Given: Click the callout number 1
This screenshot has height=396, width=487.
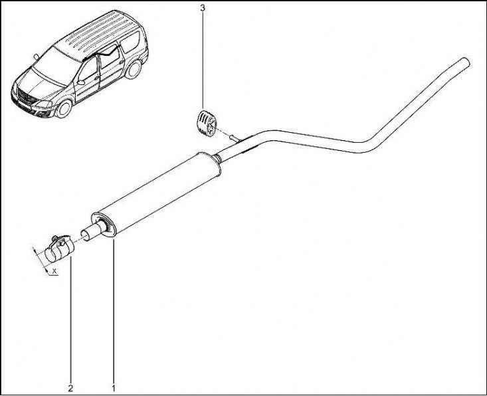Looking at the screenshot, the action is (x=114, y=387).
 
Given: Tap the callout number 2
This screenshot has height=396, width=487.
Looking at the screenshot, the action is (x=70, y=387).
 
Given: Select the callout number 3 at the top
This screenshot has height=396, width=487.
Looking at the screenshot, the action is (x=203, y=8).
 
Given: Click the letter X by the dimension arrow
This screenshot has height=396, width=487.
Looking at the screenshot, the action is (x=54, y=271).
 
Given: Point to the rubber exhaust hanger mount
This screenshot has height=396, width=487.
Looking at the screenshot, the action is (x=206, y=123).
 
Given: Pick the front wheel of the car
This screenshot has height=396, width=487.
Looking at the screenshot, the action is (x=64, y=108).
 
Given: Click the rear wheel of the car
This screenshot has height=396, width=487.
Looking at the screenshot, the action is (x=134, y=70).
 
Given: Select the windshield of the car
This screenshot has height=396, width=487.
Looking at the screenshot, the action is (x=56, y=66).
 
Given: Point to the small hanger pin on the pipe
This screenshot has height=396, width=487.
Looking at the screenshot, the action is (x=234, y=138).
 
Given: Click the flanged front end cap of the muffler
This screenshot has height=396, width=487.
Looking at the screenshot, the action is (x=104, y=225).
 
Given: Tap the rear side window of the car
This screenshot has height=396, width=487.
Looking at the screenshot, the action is (x=130, y=43).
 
